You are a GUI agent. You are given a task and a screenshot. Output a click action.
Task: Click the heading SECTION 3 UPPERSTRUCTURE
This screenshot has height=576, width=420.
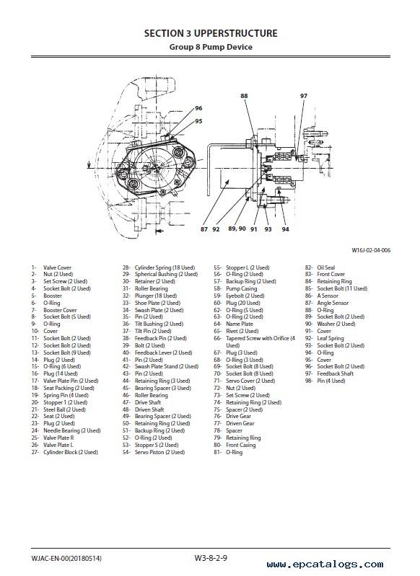pyautogui.click(x=211, y=33)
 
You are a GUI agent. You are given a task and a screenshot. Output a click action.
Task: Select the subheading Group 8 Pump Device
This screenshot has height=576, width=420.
pyautogui.click(x=211, y=47)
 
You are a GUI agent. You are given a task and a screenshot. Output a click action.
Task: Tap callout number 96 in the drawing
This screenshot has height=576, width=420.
pyautogui.click(x=198, y=108)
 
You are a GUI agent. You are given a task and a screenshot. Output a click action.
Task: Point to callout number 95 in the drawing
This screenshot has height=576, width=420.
pyautogui.click(x=198, y=121)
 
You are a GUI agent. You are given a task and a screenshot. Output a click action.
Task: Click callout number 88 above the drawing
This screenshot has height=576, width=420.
pyautogui.click(x=244, y=96)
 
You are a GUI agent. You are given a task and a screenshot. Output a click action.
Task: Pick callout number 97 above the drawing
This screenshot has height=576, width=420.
pyautogui.click(x=303, y=96)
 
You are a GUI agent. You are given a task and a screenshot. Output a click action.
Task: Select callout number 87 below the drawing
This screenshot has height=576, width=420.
pyautogui.click(x=204, y=229)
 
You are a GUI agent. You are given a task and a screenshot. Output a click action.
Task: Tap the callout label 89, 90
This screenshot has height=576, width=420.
pyautogui.click(x=237, y=229)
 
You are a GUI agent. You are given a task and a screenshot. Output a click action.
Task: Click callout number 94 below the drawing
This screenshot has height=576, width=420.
pyautogui.click(x=285, y=229)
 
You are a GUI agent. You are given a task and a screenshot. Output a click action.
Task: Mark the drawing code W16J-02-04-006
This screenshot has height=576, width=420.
pyautogui.click(x=371, y=251)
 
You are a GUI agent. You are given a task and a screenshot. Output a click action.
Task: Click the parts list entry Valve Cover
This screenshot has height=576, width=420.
pyautogui.click(x=58, y=267)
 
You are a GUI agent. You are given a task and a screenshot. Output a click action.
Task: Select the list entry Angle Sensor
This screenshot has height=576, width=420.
pyautogui.click(x=333, y=303)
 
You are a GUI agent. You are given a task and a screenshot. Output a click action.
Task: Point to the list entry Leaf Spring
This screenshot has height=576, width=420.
pyautogui.click(x=331, y=338)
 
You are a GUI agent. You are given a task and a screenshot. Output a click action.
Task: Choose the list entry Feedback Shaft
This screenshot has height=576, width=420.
pyautogui.click(x=336, y=373)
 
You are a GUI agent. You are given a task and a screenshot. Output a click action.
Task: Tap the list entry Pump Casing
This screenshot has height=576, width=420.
pyautogui.click(x=242, y=289)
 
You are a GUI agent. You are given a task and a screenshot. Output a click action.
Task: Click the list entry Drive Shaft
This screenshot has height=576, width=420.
pyautogui.click(x=148, y=402)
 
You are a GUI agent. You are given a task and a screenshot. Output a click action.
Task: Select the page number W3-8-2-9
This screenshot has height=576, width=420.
pyautogui.click(x=211, y=558)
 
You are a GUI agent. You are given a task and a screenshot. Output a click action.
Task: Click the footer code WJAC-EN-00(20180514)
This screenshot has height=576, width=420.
pyautogui.click(x=66, y=559)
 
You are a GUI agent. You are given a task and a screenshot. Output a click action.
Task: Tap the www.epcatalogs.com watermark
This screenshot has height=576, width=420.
pyautogui.click(x=325, y=564)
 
